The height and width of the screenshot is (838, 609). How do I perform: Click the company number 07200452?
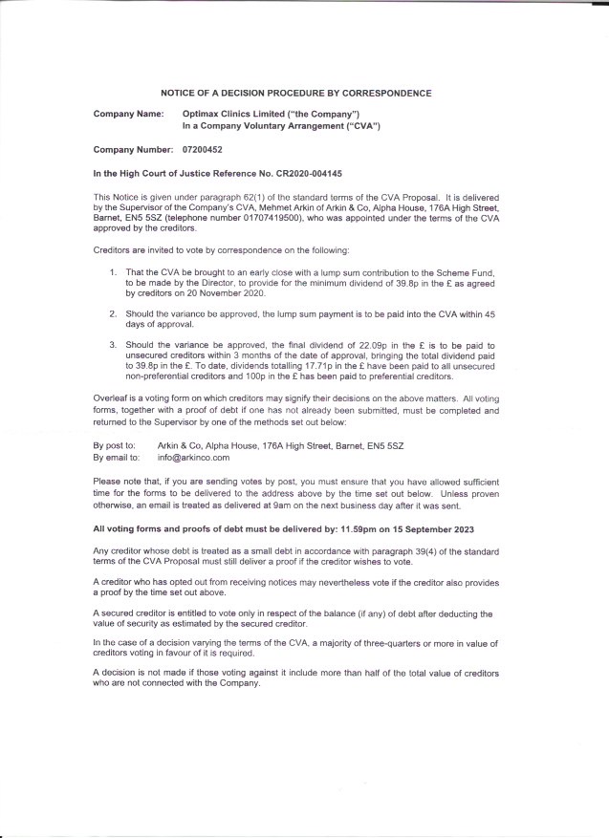coord(203,150)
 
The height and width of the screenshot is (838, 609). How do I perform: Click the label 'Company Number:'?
coord(130,150)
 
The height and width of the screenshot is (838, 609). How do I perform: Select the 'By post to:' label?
coord(114,446)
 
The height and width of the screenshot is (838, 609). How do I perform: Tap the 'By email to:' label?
coord(117,458)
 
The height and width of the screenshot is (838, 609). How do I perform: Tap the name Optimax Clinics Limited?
coord(230,114)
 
